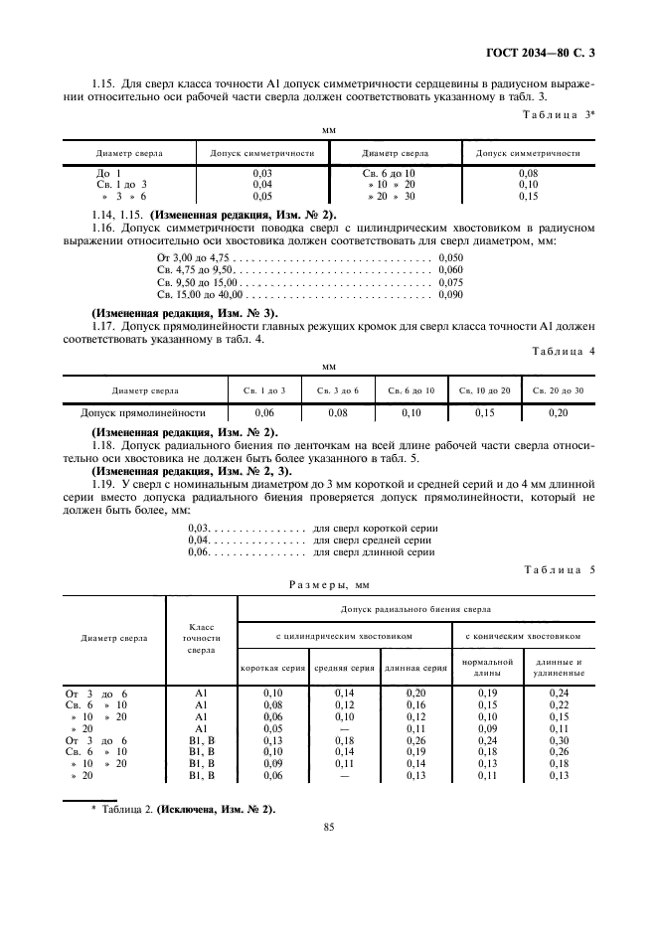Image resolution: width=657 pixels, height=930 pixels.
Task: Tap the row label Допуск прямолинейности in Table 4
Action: click(x=143, y=411)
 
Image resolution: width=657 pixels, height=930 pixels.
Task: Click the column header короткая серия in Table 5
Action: click(x=272, y=668)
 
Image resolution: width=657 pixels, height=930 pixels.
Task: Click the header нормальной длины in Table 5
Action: click(x=487, y=667)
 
